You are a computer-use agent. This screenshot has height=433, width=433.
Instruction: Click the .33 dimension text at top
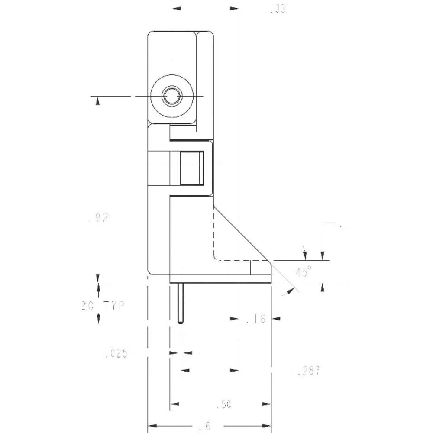click(278, 9)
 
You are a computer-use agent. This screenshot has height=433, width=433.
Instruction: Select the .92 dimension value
click(98, 218)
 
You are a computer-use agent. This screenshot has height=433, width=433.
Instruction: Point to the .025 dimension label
click(116, 354)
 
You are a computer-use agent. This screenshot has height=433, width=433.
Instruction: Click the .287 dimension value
click(309, 371)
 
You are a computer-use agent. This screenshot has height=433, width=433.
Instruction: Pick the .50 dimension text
click(224, 405)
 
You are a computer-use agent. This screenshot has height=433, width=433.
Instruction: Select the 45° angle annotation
click(304, 272)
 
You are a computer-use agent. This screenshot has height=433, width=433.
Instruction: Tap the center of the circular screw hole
click(172, 96)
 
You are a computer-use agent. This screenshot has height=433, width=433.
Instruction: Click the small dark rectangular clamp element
click(192, 168)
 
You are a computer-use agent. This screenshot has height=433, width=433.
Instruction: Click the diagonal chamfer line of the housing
click(242, 234)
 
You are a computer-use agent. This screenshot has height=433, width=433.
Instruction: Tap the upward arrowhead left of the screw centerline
click(98, 100)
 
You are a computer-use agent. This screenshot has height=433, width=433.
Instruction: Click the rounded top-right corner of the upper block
click(211, 34)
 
